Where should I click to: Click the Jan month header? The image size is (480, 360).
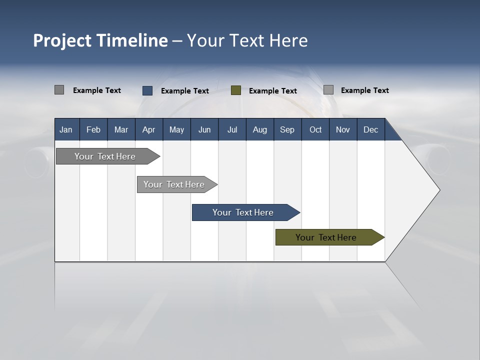click(66, 129)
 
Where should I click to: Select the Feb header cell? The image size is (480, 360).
click(93, 129)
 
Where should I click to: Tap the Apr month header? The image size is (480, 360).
click(149, 129)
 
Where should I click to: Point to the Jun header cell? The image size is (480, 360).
click(204, 129)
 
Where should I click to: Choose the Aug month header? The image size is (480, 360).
click(260, 129)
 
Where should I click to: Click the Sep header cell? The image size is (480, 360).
click(287, 129)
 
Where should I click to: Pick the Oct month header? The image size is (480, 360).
click(315, 129)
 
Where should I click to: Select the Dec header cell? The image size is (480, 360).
click(371, 129)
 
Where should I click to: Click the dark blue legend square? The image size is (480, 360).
click(147, 90)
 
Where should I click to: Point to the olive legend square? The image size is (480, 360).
click(236, 90)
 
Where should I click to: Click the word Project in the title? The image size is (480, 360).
click(62, 40)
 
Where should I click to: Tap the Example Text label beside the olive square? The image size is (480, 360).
click(273, 91)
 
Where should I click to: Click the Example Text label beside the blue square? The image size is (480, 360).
click(185, 91)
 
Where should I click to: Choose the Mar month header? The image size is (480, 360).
click(121, 129)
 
